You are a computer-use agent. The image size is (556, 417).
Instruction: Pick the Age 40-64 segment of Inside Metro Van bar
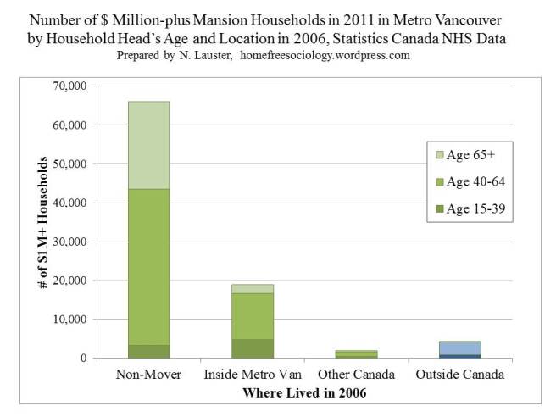pos(252,315)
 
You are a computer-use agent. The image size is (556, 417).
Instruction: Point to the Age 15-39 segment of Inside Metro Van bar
pos(252,348)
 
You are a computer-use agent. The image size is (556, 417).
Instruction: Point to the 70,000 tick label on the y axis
pos(69,86)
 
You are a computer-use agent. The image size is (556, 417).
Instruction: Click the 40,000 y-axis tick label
pos(69,203)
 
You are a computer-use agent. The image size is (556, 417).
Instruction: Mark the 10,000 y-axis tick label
pos(69,320)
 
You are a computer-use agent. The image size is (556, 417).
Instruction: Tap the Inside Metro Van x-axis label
pos(252,374)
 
